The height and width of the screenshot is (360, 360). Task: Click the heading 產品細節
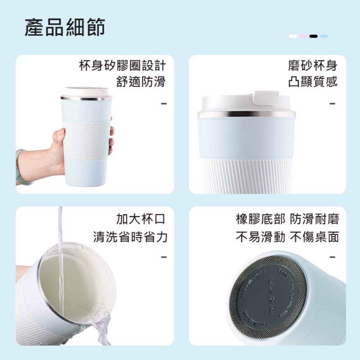point(65,28)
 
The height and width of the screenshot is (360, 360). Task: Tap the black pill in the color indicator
point(314,36)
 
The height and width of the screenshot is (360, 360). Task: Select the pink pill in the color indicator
point(303,36)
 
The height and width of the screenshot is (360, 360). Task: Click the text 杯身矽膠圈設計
point(122,66)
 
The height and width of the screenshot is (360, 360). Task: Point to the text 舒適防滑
point(141,82)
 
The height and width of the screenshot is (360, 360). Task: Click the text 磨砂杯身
point(312,66)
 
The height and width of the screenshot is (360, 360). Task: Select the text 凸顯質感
point(312,82)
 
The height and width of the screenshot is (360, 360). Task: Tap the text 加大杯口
point(141,219)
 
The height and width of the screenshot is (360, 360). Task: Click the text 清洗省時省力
point(130,237)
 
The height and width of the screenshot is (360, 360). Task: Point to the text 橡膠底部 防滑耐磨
point(287,219)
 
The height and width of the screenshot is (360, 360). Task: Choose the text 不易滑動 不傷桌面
point(287,237)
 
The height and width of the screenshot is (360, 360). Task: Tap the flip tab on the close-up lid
point(266,98)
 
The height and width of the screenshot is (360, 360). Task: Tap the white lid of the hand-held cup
point(86,92)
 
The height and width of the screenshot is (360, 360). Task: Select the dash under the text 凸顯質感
point(332,104)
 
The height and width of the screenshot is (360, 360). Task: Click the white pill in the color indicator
point(293,36)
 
